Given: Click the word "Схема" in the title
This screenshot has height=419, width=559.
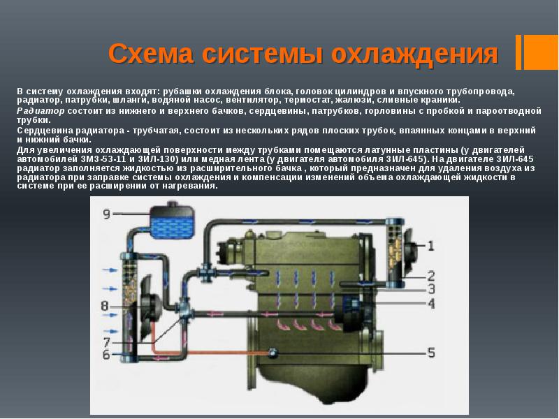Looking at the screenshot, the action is click(x=151, y=54).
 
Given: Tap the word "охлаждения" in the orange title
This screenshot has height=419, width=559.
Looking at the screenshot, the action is click(x=414, y=54).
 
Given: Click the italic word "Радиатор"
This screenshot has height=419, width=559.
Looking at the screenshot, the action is click(x=41, y=111).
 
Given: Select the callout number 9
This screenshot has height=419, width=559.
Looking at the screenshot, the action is click(x=106, y=214).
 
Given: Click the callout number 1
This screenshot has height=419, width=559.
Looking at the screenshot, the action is click(x=430, y=246).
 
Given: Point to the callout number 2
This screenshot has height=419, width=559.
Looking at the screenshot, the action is click(x=431, y=275).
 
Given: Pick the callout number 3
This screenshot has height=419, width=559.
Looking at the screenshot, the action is click(x=431, y=289).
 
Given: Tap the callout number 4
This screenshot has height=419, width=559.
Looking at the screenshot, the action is click(x=431, y=304).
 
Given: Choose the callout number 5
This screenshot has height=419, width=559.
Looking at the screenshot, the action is click(x=431, y=353).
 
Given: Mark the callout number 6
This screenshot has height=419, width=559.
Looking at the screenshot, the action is click(x=106, y=355).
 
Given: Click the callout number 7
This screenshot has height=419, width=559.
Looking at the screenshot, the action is click(x=106, y=343).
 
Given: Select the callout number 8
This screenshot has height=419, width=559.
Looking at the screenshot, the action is click(x=104, y=306).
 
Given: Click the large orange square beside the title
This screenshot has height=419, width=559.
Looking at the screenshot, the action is click(x=541, y=52).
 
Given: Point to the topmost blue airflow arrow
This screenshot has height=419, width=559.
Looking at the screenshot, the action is click(x=110, y=270).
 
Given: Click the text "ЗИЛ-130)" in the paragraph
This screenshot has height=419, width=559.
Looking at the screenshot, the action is click(x=165, y=159).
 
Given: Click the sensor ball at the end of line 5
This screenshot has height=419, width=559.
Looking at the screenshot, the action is click(x=273, y=353).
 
